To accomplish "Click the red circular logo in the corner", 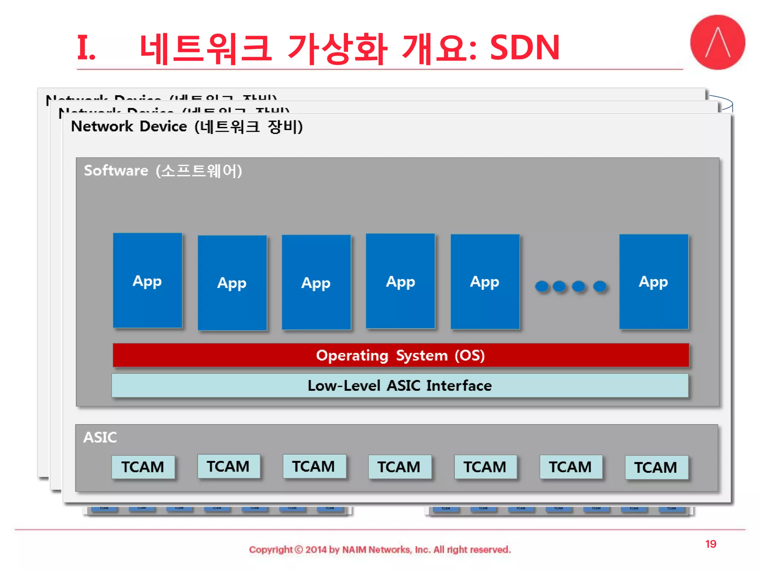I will (717, 42).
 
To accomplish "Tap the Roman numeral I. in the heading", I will (86, 47).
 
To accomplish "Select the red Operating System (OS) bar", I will (400, 355).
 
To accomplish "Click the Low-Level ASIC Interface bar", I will (400, 386).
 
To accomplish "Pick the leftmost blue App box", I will (147, 281).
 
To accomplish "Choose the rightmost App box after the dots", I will (653, 282).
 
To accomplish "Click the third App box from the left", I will (316, 282).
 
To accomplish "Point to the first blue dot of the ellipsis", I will (542, 286).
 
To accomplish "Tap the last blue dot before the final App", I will (600, 286).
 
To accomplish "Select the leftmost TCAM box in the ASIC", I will (143, 467).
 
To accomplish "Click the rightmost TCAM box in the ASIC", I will (656, 467).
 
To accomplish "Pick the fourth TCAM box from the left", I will (399, 467).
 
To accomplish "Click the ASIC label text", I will (100, 437).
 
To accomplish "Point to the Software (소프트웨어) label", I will (163, 171).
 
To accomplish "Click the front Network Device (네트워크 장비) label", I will (187, 127).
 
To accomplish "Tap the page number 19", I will (710, 544).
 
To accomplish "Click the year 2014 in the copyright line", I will (316, 550).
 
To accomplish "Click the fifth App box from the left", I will (485, 282).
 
